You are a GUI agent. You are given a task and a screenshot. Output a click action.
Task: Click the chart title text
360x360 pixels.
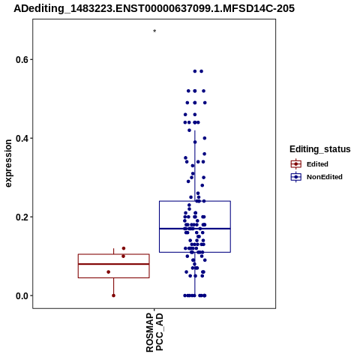point(154,8)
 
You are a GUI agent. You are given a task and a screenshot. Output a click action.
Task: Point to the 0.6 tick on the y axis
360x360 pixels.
point(31,59)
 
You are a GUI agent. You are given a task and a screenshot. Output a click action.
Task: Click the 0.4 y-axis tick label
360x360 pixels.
point(21,138)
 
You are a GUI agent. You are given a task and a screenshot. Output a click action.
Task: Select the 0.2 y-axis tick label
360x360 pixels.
point(21,217)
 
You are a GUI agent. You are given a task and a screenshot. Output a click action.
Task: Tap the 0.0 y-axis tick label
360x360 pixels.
point(21,295)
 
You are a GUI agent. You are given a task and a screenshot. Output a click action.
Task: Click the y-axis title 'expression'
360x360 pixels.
point(8,163)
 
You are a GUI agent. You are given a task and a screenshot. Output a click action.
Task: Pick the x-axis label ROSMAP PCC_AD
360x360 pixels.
point(154,332)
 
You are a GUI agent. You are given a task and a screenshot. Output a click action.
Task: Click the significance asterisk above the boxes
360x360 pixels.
point(154,31)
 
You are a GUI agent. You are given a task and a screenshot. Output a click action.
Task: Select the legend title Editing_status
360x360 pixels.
point(320,149)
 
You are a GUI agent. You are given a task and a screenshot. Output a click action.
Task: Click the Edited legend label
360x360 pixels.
point(317,164)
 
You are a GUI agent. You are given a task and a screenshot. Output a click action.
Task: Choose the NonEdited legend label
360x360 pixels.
point(325,177)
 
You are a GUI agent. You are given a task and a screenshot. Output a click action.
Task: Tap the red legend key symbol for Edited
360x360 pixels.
point(296,164)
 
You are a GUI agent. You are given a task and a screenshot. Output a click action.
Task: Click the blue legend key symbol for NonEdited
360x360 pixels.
point(296,177)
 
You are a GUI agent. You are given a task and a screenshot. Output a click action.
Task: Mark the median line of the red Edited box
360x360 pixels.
point(114,264)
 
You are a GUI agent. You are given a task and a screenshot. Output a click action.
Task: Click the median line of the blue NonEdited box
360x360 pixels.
point(195,229)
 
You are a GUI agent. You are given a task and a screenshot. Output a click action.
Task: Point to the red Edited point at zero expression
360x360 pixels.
point(113,295)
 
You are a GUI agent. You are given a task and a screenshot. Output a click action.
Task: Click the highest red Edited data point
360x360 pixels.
point(124,248)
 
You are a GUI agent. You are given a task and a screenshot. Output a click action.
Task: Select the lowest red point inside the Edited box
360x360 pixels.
point(108,271)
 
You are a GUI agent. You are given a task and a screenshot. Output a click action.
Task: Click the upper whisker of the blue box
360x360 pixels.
point(195,166)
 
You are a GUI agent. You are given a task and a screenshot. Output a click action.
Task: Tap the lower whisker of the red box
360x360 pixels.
point(114,286)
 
